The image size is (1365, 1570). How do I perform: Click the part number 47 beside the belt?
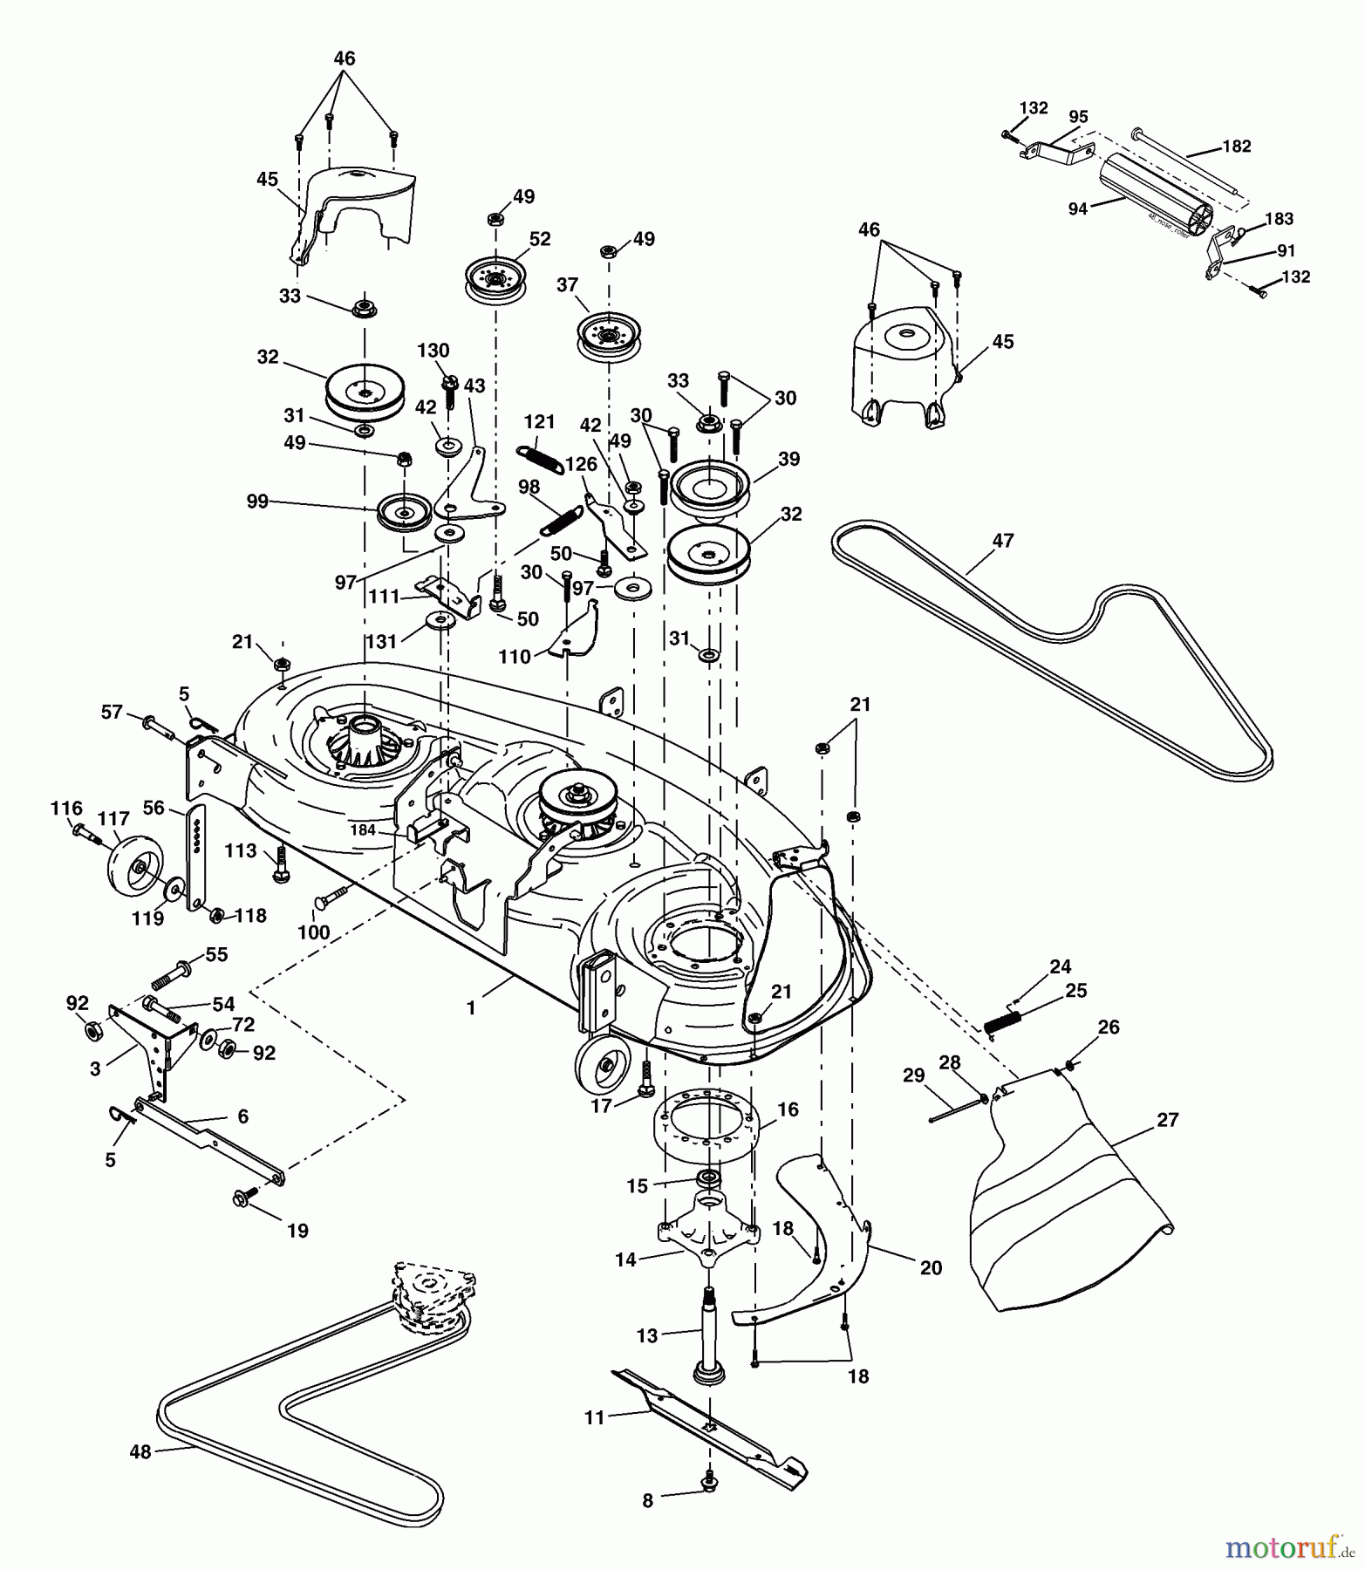click(x=1003, y=541)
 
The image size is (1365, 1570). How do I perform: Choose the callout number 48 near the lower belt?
click(x=140, y=1452)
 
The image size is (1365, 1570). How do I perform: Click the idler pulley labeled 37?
click(x=609, y=334)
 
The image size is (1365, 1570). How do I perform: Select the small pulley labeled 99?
click(x=404, y=513)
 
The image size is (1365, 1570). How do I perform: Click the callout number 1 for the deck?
click(x=471, y=1008)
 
